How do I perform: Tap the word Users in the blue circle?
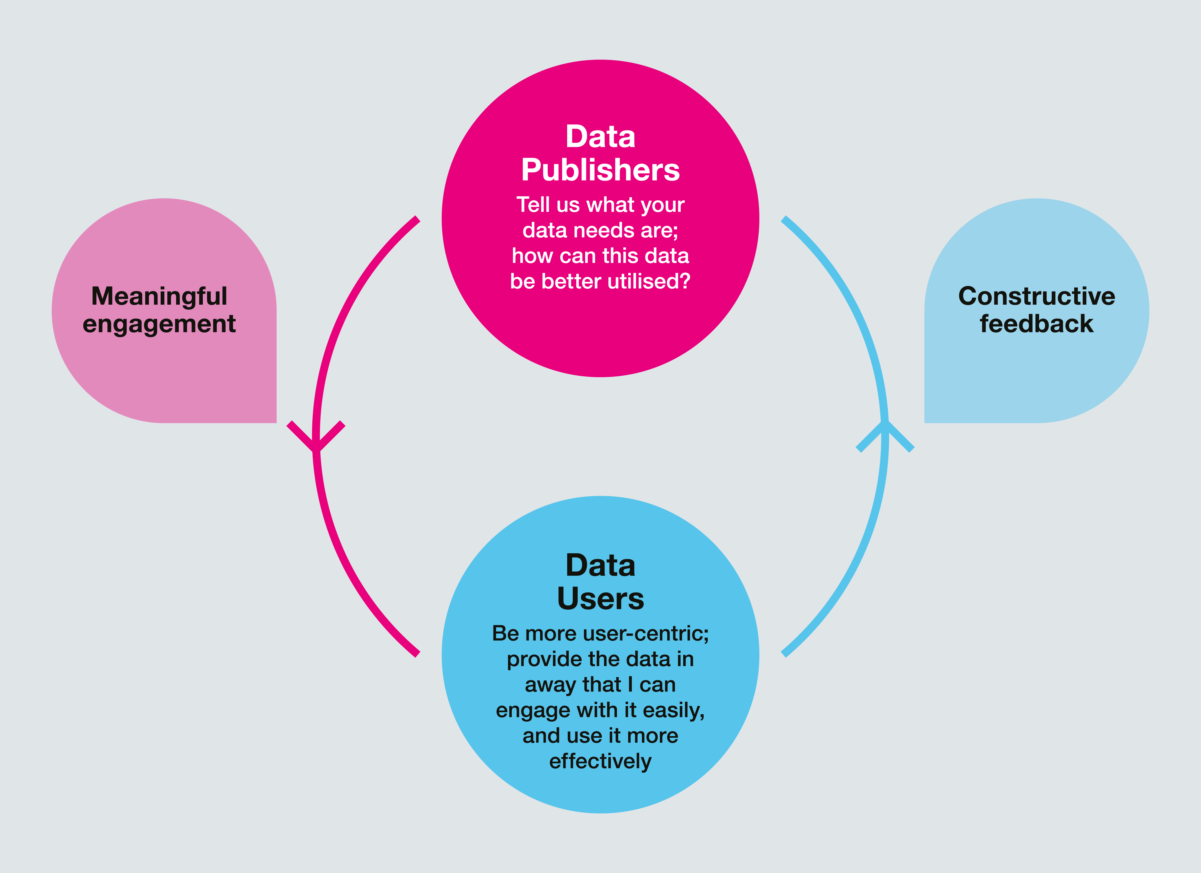tap(601, 599)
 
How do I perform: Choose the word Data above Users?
tap(601, 565)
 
